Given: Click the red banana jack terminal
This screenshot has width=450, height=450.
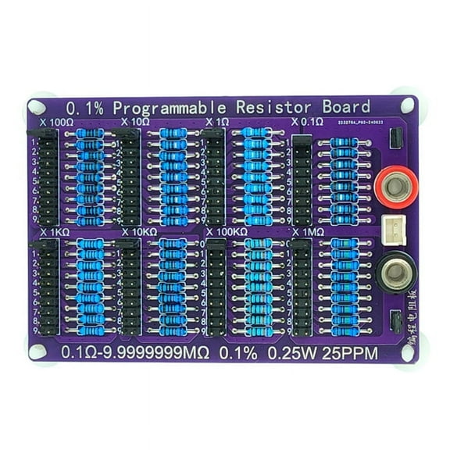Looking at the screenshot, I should (396, 187).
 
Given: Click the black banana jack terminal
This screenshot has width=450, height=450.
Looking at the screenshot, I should (395, 273).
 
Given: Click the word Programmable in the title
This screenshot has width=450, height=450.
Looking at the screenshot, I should (167, 106).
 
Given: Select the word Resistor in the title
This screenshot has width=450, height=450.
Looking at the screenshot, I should (276, 106).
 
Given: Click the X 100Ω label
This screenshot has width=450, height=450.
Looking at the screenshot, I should (55, 123).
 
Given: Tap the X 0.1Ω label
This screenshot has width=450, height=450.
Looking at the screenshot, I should (306, 123).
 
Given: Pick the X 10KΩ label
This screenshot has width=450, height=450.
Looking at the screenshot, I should (140, 233).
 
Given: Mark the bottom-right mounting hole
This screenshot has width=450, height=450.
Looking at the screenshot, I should (405, 352).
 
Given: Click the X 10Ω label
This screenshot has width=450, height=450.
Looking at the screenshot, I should (136, 123).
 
